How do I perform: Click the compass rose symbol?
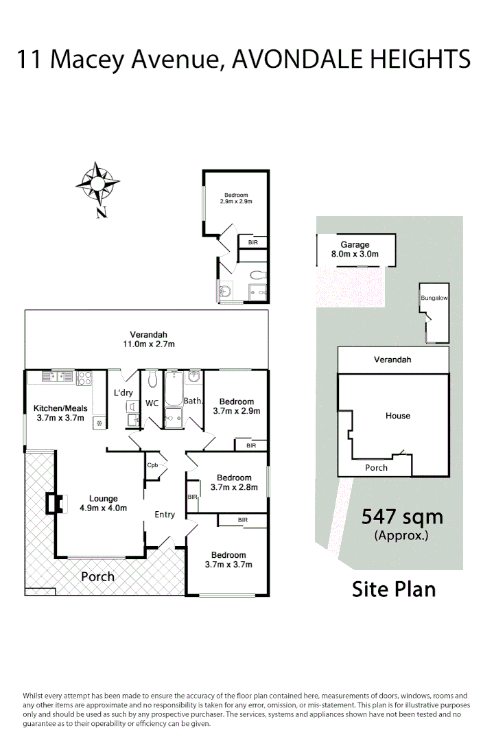(x=97, y=183)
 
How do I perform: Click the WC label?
(x=152, y=403)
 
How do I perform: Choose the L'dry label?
(x=123, y=393)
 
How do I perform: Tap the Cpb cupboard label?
(x=152, y=465)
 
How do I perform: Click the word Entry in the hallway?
(x=165, y=515)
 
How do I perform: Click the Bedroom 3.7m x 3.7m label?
(x=228, y=560)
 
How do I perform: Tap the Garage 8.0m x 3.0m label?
(x=355, y=250)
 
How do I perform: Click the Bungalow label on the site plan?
(x=434, y=298)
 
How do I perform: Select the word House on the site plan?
(x=398, y=416)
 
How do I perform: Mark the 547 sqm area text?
(x=402, y=517)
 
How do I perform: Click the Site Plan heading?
(x=394, y=589)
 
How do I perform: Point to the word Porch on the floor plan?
(x=98, y=576)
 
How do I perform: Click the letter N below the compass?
(x=102, y=213)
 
